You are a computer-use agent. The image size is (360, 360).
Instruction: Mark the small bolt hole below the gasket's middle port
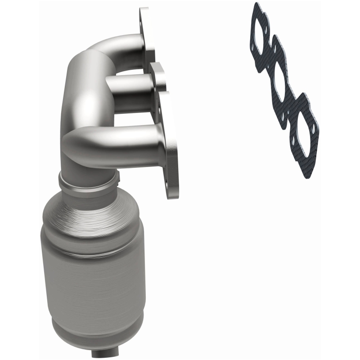[x=282, y=108]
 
